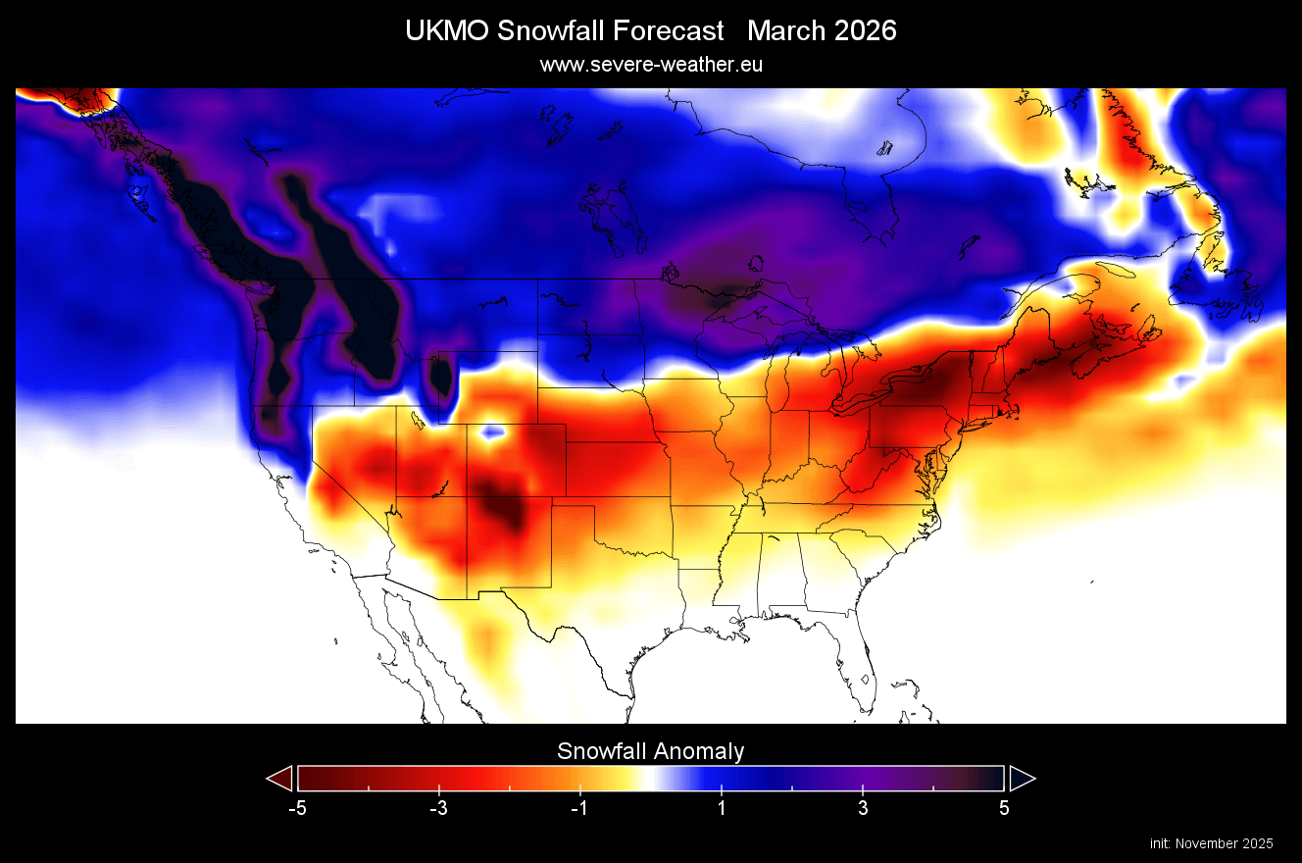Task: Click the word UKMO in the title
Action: tap(447, 30)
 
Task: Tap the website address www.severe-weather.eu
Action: tap(650, 65)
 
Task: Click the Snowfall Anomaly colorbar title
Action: tap(650, 751)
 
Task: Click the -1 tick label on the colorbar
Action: tap(577, 808)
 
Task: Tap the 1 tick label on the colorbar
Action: tap(722, 808)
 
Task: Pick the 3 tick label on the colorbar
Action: tap(863, 808)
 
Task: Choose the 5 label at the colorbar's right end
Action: tap(1004, 808)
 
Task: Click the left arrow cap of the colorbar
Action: tap(280, 779)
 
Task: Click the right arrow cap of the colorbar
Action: tap(1022, 779)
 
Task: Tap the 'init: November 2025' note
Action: tap(1211, 843)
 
